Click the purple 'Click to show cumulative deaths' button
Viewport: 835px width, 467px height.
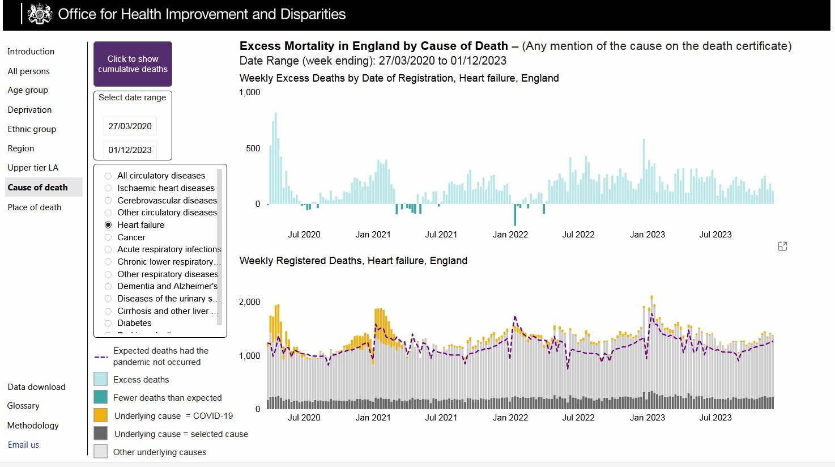tap(133, 64)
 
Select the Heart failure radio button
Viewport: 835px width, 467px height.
tap(108, 225)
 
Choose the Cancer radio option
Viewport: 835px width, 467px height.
tap(108, 237)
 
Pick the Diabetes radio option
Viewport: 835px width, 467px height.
tap(108, 324)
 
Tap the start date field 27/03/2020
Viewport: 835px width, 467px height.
tap(130, 126)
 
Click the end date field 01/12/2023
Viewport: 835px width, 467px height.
tap(130, 150)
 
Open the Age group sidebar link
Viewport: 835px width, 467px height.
tap(28, 90)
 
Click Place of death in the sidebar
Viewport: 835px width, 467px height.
tap(35, 207)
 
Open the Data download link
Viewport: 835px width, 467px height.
tap(36, 387)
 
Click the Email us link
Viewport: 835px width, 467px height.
tap(23, 445)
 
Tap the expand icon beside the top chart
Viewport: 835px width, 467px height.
tap(782, 246)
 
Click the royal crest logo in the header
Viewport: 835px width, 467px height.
tap(40, 14)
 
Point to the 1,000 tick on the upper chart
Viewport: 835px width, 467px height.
tap(249, 92)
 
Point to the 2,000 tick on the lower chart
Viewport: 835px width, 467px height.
tap(249, 302)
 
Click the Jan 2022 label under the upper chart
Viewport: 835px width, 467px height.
tap(510, 235)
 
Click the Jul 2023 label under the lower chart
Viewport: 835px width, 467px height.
tap(715, 417)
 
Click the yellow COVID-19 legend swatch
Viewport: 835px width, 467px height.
tap(101, 415)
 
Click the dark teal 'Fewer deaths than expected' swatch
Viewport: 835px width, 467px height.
tap(101, 397)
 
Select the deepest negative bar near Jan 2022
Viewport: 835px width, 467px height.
tap(515, 214)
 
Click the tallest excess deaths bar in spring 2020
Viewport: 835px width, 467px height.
tap(276, 158)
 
